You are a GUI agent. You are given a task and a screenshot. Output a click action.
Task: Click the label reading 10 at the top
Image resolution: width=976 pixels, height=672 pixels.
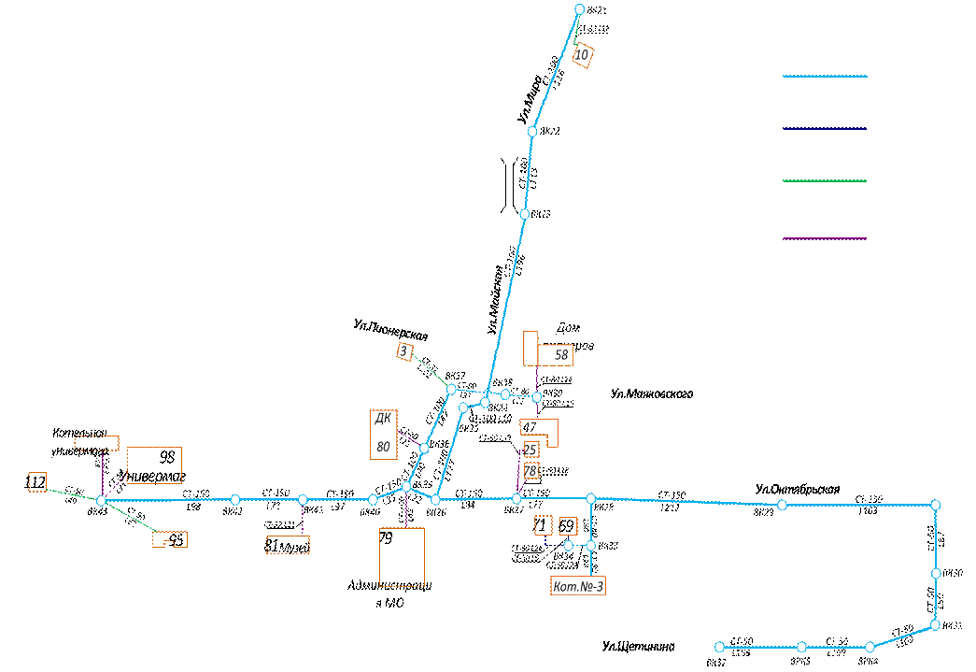(x=582, y=55)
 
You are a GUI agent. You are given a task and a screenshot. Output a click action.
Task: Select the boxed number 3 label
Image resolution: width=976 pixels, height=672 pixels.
(x=404, y=351)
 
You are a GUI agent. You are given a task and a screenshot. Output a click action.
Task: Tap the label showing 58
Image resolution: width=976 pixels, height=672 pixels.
(x=560, y=355)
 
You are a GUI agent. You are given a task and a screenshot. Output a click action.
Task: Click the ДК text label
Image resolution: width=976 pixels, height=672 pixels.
(x=383, y=420)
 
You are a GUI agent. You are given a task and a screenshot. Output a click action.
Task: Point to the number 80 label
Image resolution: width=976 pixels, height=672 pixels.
(x=383, y=448)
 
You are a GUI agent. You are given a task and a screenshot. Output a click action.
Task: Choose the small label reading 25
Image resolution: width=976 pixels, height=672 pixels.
(x=530, y=450)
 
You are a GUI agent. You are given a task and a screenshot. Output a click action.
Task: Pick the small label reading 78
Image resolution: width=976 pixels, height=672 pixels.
(x=530, y=471)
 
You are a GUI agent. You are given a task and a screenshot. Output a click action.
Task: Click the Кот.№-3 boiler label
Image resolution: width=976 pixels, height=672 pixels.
(x=578, y=586)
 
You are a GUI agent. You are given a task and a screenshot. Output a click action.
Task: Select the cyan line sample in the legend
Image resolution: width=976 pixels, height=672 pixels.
(x=825, y=77)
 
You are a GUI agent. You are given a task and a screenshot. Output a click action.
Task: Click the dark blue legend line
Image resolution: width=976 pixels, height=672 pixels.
(x=825, y=129)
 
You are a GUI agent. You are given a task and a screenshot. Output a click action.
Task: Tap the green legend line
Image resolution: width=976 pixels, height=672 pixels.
(x=825, y=181)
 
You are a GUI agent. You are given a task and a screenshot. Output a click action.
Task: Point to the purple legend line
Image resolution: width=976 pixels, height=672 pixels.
(x=825, y=238)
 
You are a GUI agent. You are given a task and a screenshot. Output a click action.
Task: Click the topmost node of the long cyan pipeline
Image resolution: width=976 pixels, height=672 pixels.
(x=579, y=9)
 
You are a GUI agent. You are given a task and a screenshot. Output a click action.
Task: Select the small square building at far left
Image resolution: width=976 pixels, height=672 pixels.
(x=37, y=481)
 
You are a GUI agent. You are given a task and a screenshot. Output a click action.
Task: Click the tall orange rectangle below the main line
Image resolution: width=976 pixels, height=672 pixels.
(x=402, y=557)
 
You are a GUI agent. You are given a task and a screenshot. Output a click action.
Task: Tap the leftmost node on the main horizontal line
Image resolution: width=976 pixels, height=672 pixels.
(x=101, y=501)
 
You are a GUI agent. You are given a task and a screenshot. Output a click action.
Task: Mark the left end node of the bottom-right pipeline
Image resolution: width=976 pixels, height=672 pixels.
(x=719, y=647)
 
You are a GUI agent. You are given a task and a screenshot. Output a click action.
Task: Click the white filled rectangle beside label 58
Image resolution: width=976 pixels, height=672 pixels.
(x=530, y=348)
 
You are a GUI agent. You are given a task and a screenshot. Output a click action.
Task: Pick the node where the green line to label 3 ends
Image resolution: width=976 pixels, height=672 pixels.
(x=451, y=389)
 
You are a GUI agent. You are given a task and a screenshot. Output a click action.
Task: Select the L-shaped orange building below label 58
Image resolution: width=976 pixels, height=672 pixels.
(x=540, y=432)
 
